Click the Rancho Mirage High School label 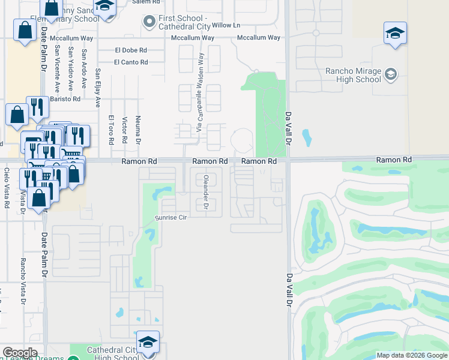click(353, 75)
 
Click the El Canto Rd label click(131, 62)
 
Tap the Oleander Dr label click(205, 192)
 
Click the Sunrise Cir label click(171, 217)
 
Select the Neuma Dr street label click(137, 130)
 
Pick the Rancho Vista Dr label click(23, 277)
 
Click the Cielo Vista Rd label click(7, 188)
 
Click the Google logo click(20, 353)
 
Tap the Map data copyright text click(411, 355)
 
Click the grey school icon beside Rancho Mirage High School click(390, 74)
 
